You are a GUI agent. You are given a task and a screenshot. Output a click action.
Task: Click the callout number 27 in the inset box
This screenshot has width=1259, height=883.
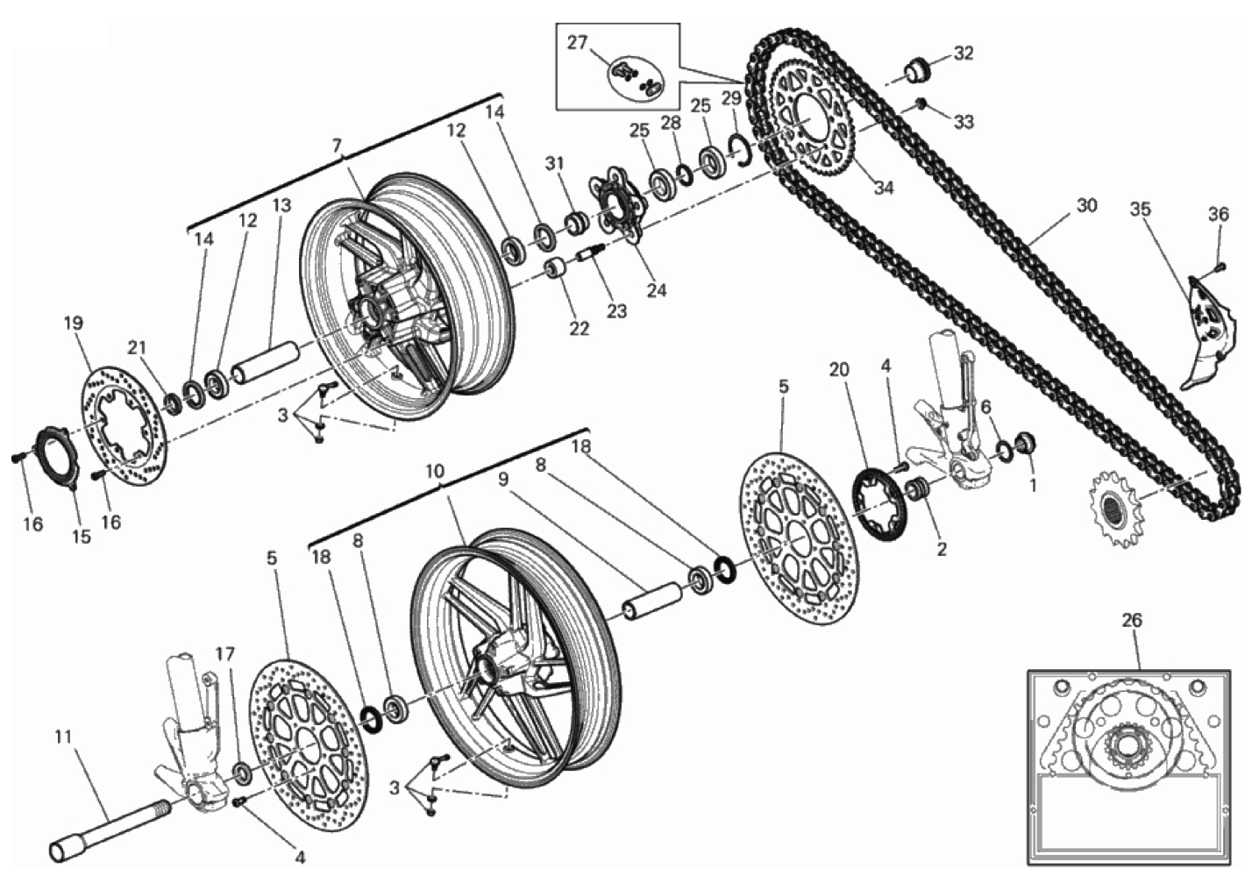(x=577, y=43)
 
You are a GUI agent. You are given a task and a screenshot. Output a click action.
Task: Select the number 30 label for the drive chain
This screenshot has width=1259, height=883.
(x=1086, y=206)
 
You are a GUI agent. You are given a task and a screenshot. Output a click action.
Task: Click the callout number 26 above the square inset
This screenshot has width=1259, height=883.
(x=1132, y=621)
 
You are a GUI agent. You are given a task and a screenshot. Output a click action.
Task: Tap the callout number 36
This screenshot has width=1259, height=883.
(x=1219, y=214)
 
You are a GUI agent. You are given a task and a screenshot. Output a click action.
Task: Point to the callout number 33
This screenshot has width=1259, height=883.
(x=964, y=122)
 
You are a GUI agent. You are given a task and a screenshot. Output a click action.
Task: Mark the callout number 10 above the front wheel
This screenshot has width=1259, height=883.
(x=435, y=471)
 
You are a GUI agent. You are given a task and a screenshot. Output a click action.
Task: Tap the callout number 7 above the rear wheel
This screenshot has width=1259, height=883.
(x=337, y=146)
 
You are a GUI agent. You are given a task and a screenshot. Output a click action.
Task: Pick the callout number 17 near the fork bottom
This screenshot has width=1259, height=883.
(x=224, y=654)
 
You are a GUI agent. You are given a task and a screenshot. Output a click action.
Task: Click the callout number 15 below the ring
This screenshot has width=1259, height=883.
(x=82, y=537)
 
